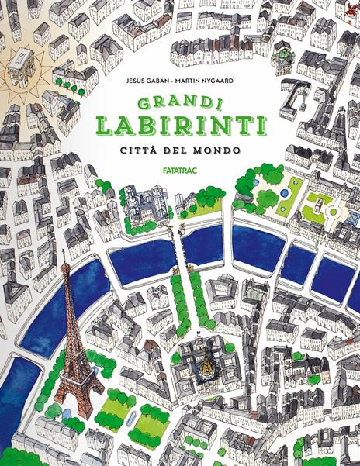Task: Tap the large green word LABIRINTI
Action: [x=181, y=126]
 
